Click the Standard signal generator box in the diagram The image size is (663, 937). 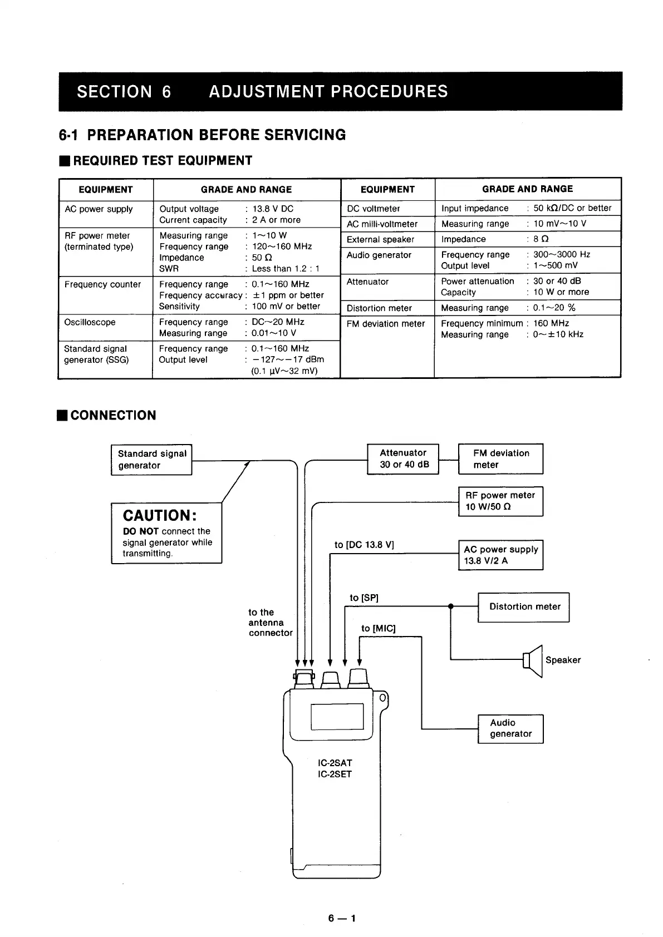151,460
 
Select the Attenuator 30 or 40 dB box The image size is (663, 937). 403,459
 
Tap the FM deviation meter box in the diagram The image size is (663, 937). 500,459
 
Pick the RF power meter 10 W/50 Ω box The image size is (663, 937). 500,501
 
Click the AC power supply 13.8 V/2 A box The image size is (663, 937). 500,555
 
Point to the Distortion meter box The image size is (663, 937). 524,607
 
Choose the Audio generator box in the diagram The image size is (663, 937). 510,728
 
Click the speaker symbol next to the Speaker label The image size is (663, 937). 533,660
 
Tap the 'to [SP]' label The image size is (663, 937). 364,598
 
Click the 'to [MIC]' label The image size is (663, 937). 378,629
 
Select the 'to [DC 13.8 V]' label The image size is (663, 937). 364,545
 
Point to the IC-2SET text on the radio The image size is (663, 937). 335,775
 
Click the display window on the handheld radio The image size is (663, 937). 337,716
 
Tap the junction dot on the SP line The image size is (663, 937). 451,606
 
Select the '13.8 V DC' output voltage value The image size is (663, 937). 273,209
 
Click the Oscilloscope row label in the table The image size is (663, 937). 90,323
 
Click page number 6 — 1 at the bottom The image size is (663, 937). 342,918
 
